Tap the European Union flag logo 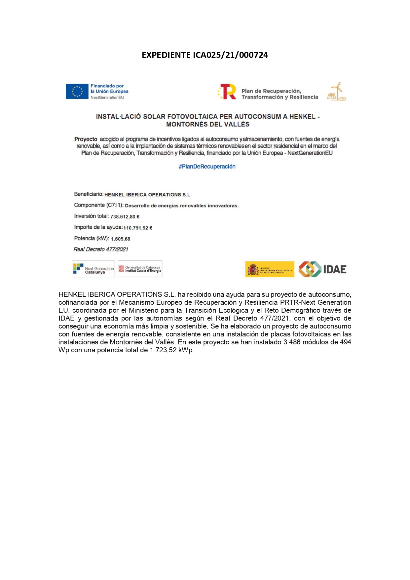tap(77, 92)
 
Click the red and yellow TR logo tap(228, 92)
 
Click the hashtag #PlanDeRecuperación tap(207, 167)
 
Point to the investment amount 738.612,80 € tap(125, 217)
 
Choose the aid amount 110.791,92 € tap(138, 228)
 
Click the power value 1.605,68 tap(121, 239)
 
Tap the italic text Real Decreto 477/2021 tap(101, 250)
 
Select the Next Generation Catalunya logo tap(93, 269)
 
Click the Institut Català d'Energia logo tap(140, 269)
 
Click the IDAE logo tap(322, 269)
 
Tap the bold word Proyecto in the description tap(86, 139)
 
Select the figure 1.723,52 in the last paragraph tap(163, 350)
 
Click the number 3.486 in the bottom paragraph tap(292, 342)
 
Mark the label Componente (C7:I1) tap(99, 205)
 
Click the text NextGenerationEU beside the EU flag tap(107, 98)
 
